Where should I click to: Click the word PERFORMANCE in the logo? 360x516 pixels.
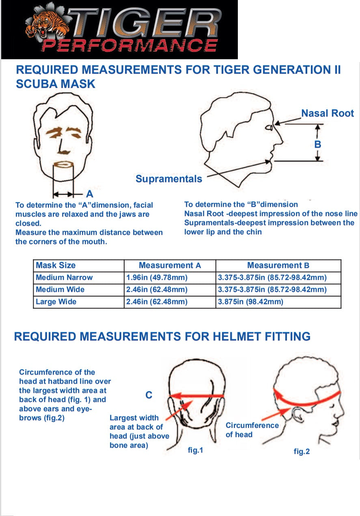[129, 45]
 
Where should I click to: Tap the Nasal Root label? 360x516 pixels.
[327, 113]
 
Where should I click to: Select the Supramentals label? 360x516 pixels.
[168, 179]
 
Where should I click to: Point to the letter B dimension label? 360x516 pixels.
[318, 144]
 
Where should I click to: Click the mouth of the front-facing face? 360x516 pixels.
[63, 164]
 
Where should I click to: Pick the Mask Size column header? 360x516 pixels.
[56, 265]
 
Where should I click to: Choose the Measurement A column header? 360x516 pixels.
[170, 265]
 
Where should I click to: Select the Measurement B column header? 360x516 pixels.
[278, 265]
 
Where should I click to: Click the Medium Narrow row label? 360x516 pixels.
[64, 277]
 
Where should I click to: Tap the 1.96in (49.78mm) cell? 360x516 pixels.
[157, 277]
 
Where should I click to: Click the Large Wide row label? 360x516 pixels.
[56, 301]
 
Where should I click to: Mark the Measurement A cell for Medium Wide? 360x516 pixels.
[157, 289]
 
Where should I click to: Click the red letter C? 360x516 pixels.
[149, 395]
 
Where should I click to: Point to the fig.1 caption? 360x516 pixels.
[195, 450]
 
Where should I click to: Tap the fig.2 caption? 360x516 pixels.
[302, 451]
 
